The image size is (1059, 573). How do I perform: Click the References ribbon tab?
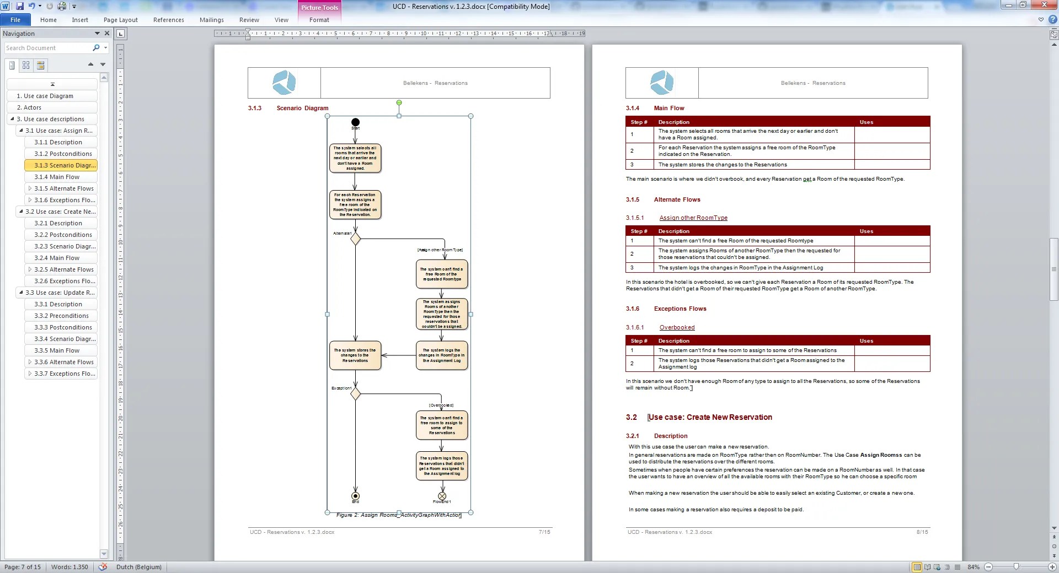pos(168,20)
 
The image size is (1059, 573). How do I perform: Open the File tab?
pos(15,20)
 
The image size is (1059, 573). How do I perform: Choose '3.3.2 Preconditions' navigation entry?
pos(61,316)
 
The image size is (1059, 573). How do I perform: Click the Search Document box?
pos(49,48)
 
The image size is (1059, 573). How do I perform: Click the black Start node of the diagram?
pos(355,122)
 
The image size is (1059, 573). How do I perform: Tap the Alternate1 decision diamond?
pos(355,239)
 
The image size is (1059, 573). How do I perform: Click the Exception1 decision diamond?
pos(355,393)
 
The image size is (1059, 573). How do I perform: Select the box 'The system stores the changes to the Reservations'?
pos(355,355)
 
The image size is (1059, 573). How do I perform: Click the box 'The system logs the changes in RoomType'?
pos(441,355)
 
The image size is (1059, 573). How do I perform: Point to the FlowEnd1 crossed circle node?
pos(442,496)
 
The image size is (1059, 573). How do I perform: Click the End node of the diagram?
pos(355,496)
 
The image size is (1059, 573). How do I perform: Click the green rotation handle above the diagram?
pos(399,102)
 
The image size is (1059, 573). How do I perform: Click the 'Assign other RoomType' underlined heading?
pos(693,218)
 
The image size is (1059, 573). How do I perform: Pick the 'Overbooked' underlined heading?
pos(677,327)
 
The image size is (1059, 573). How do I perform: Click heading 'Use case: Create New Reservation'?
pos(710,417)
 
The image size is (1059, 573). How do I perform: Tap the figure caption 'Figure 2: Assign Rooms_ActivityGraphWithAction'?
pos(399,515)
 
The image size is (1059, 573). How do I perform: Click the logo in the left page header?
pos(284,83)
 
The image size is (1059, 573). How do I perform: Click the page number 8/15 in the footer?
pos(922,532)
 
